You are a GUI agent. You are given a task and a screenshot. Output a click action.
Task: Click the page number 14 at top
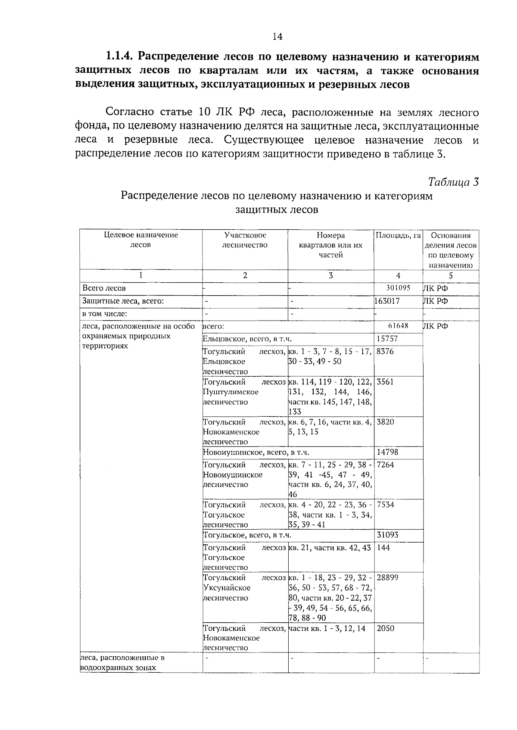click(x=277, y=37)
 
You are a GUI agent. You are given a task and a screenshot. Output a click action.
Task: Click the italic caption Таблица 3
click(x=454, y=182)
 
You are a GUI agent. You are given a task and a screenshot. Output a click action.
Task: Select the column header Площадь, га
click(x=398, y=235)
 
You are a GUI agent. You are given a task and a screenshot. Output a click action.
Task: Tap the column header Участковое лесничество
click(x=245, y=240)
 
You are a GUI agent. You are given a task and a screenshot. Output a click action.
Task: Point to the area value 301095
click(x=398, y=288)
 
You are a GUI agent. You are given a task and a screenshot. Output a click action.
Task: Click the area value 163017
click(x=387, y=301)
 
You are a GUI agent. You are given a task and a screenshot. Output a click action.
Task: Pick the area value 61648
click(x=398, y=326)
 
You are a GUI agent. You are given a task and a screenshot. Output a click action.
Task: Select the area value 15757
click(x=387, y=339)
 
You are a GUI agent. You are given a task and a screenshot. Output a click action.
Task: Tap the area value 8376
click(x=385, y=351)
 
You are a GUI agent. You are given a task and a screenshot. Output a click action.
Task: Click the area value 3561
click(x=385, y=381)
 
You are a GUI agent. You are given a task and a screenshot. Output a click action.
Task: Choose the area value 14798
click(x=387, y=452)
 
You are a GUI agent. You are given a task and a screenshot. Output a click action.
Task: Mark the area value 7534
click(x=385, y=505)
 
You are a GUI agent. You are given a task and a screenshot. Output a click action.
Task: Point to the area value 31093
click(x=387, y=535)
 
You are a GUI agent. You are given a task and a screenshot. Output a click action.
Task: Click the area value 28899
click(x=387, y=577)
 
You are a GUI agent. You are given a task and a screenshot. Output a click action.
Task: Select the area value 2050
click(x=385, y=628)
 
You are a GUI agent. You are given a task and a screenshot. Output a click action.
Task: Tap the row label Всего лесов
click(x=104, y=288)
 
